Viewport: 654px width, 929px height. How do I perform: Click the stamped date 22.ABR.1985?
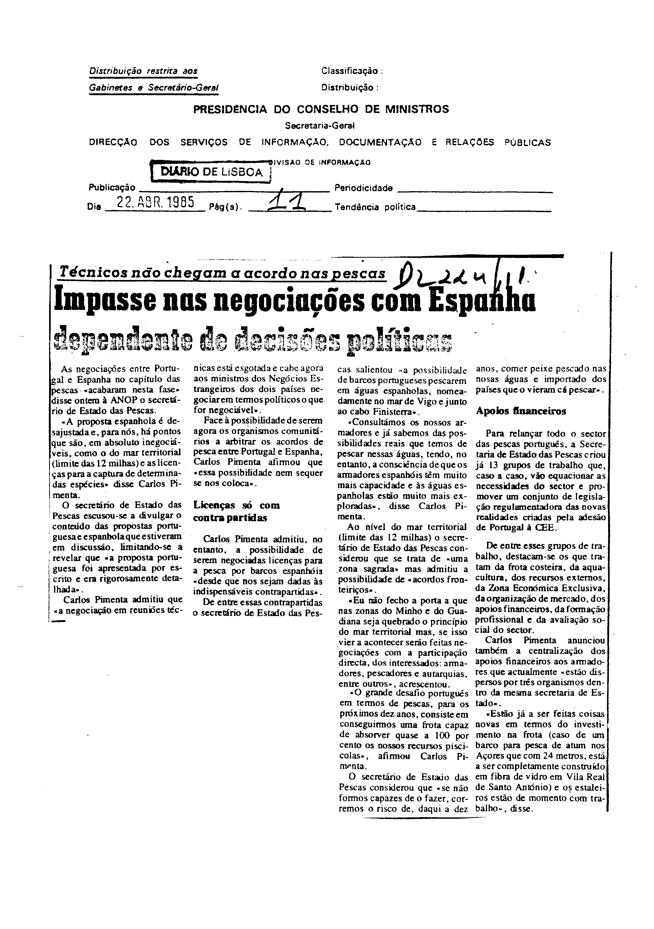point(155,201)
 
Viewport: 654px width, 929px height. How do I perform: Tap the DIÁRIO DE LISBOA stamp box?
point(211,172)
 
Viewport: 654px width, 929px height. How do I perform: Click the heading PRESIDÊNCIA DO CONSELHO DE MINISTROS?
point(321,109)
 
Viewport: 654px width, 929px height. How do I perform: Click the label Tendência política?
point(375,207)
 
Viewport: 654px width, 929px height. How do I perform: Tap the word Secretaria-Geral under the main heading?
point(320,126)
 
